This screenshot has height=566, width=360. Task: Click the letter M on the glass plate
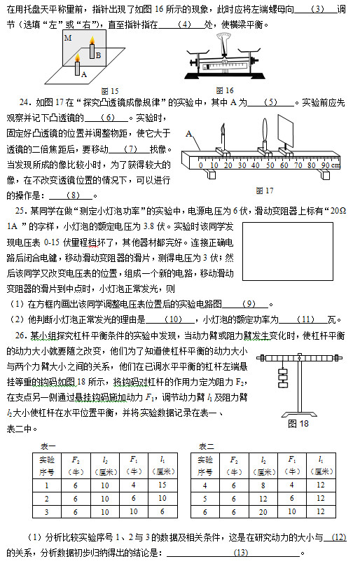67,38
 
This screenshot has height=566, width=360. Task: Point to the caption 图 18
298,423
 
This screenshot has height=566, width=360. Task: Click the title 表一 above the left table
48,446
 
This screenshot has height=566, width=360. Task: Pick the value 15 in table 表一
162,484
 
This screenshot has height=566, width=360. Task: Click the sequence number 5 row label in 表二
205,498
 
